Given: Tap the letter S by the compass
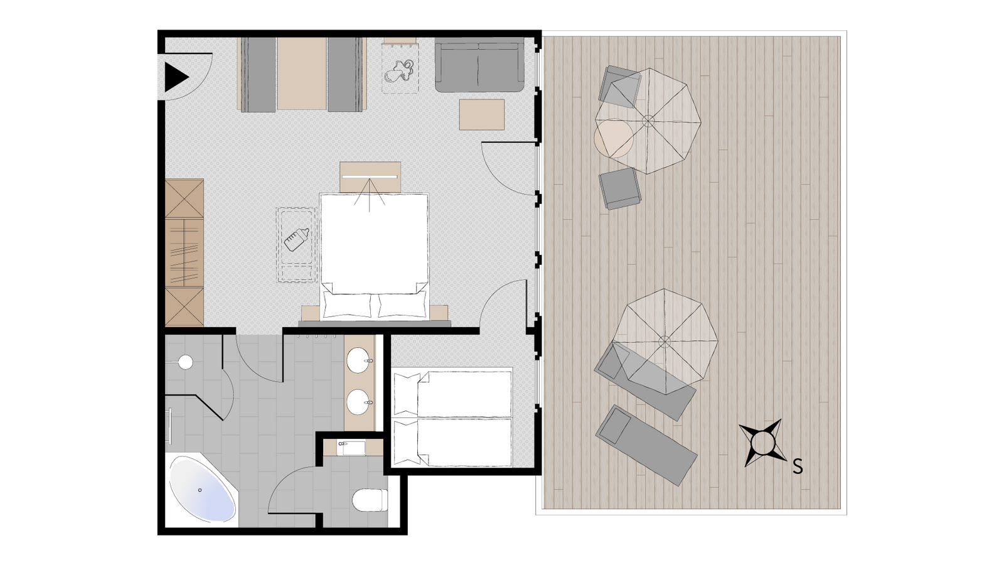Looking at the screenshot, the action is point(798,467).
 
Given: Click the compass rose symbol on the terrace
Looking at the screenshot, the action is point(762,443).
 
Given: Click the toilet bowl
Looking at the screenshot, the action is point(370,500).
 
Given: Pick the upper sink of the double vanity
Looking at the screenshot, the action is point(359,361).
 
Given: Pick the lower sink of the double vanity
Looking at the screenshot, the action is point(359,402).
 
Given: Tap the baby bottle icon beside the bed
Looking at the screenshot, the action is point(296,239).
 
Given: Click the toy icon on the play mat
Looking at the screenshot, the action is point(399,72).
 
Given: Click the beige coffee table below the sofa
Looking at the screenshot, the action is point(482,115).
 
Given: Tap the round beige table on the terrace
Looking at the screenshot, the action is point(614,138).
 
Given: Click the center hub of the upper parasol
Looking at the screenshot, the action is point(648,121).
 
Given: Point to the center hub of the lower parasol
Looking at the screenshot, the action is point(665,342).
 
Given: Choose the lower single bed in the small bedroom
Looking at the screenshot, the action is point(452,443).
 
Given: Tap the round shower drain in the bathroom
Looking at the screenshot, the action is point(185,362).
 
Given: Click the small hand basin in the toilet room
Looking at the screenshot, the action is point(351,448).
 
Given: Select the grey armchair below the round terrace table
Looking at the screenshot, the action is point(621,189).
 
